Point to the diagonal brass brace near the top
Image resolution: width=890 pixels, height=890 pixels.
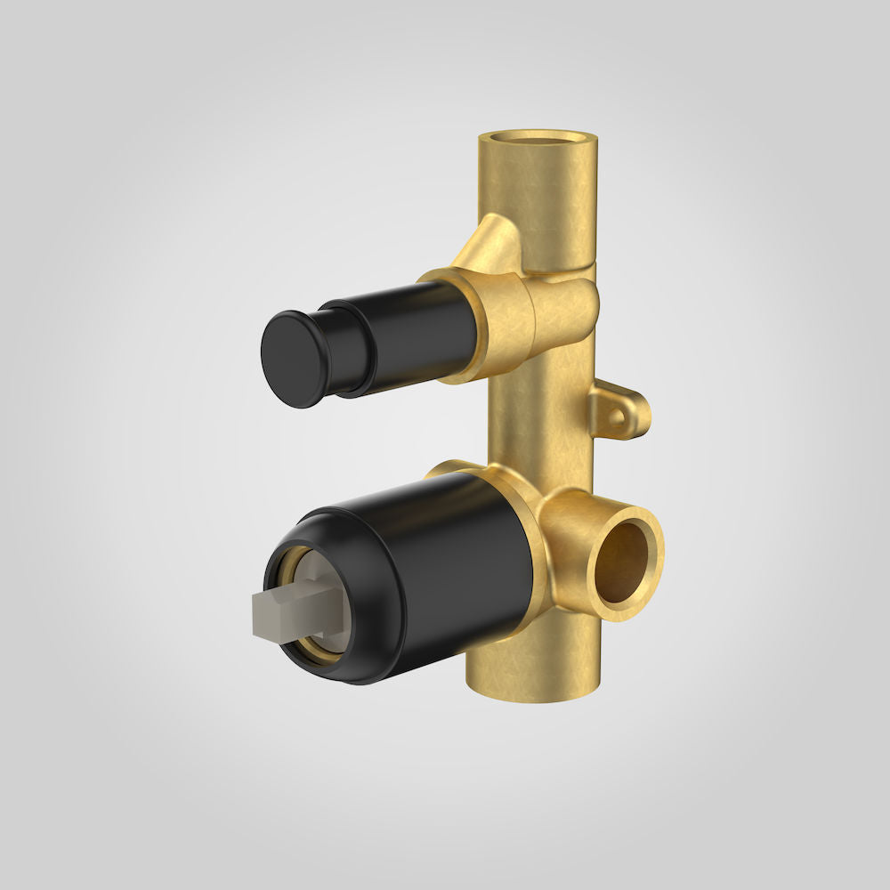(485, 244)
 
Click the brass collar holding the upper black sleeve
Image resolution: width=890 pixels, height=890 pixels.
(485, 325)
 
